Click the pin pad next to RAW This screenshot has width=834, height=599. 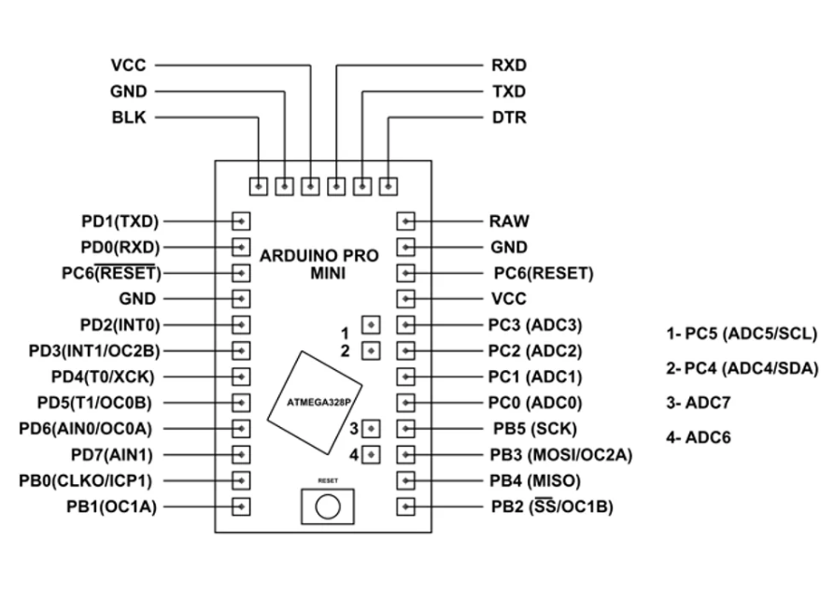tap(405, 221)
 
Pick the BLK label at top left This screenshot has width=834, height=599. tap(128, 118)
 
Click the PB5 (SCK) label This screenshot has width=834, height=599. tap(533, 429)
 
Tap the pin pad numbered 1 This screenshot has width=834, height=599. tap(371, 325)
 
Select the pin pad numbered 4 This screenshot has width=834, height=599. tap(371, 455)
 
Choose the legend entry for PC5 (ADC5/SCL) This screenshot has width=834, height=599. tap(742, 334)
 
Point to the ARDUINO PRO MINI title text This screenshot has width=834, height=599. tap(319, 264)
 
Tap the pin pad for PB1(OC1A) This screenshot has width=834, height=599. tap(241, 507)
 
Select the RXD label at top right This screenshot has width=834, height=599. tap(508, 65)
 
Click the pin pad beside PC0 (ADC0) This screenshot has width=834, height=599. tap(405, 403)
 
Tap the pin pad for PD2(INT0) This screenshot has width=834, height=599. tap(241, 325)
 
